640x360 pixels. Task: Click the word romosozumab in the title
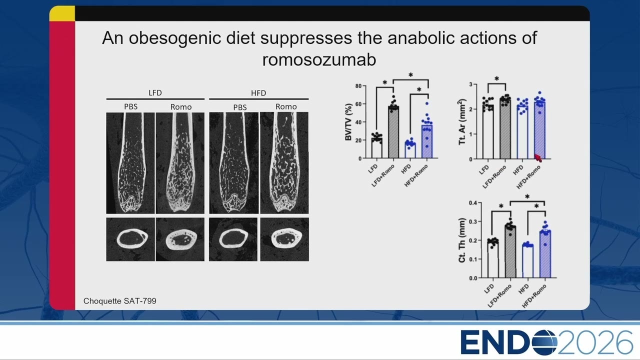point(319,59)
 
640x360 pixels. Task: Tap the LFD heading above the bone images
point(155,93)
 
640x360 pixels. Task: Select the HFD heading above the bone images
point(258,93)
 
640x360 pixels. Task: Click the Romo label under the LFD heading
point(181,107)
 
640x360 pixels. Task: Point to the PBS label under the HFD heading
point(239,107)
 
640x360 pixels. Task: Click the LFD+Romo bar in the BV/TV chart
point(393,132)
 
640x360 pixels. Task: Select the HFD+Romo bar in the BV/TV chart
point(427,141)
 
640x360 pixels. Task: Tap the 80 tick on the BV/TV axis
point(358,86)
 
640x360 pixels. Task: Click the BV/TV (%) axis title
point(348,122)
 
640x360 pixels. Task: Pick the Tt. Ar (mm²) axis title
point(462,121)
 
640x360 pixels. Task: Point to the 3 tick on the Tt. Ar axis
point(471,84)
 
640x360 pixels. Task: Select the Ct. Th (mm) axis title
point(461,240)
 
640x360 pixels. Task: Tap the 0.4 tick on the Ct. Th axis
point(473,203)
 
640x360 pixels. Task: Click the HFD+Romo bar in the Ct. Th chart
point(545,254)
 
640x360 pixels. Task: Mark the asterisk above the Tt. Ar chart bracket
point(497,78)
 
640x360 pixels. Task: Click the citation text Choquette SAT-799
point(119,301)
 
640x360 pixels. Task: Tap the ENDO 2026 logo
point(546,342)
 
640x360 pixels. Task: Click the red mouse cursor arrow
point(538,158)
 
